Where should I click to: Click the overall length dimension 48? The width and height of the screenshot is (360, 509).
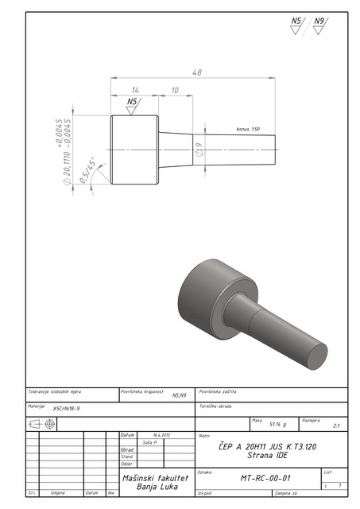(196, 72)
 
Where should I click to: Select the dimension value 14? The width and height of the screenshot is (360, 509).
(135, 91)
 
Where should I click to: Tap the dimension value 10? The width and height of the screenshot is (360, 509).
(175, 91)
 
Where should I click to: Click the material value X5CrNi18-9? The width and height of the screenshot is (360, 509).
(66, 408)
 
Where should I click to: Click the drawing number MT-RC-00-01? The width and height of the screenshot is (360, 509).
(265, 479)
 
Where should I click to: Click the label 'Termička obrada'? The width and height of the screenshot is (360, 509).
(215, 406)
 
